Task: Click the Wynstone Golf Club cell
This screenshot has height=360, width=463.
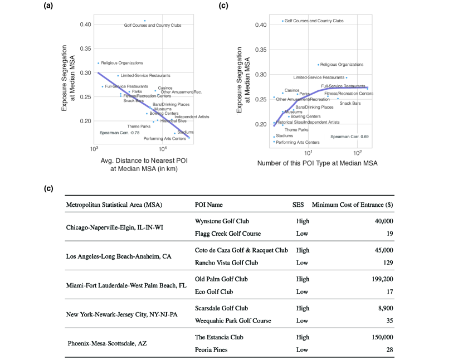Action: coord(222,221)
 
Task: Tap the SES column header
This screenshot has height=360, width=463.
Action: coord(298,205)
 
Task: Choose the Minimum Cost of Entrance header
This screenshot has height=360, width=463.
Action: coord(353,205)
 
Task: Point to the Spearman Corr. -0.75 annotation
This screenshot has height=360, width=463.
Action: coord(119,133)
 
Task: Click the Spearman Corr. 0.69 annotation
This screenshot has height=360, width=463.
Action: coord(349,136)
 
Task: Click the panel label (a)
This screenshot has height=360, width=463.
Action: coord(49,6)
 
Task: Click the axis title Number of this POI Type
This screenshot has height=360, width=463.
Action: coord(317,163)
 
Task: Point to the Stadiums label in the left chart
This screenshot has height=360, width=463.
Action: coord(185,132)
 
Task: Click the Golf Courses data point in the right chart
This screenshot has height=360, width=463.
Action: coord(282,21)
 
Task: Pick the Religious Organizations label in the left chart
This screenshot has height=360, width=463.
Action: coord(121,63)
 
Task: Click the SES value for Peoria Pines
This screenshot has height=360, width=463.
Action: coord(302,349)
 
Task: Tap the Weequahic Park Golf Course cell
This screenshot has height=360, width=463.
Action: coord(233,320)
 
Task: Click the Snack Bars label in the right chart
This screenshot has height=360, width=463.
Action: coord(350,103)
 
